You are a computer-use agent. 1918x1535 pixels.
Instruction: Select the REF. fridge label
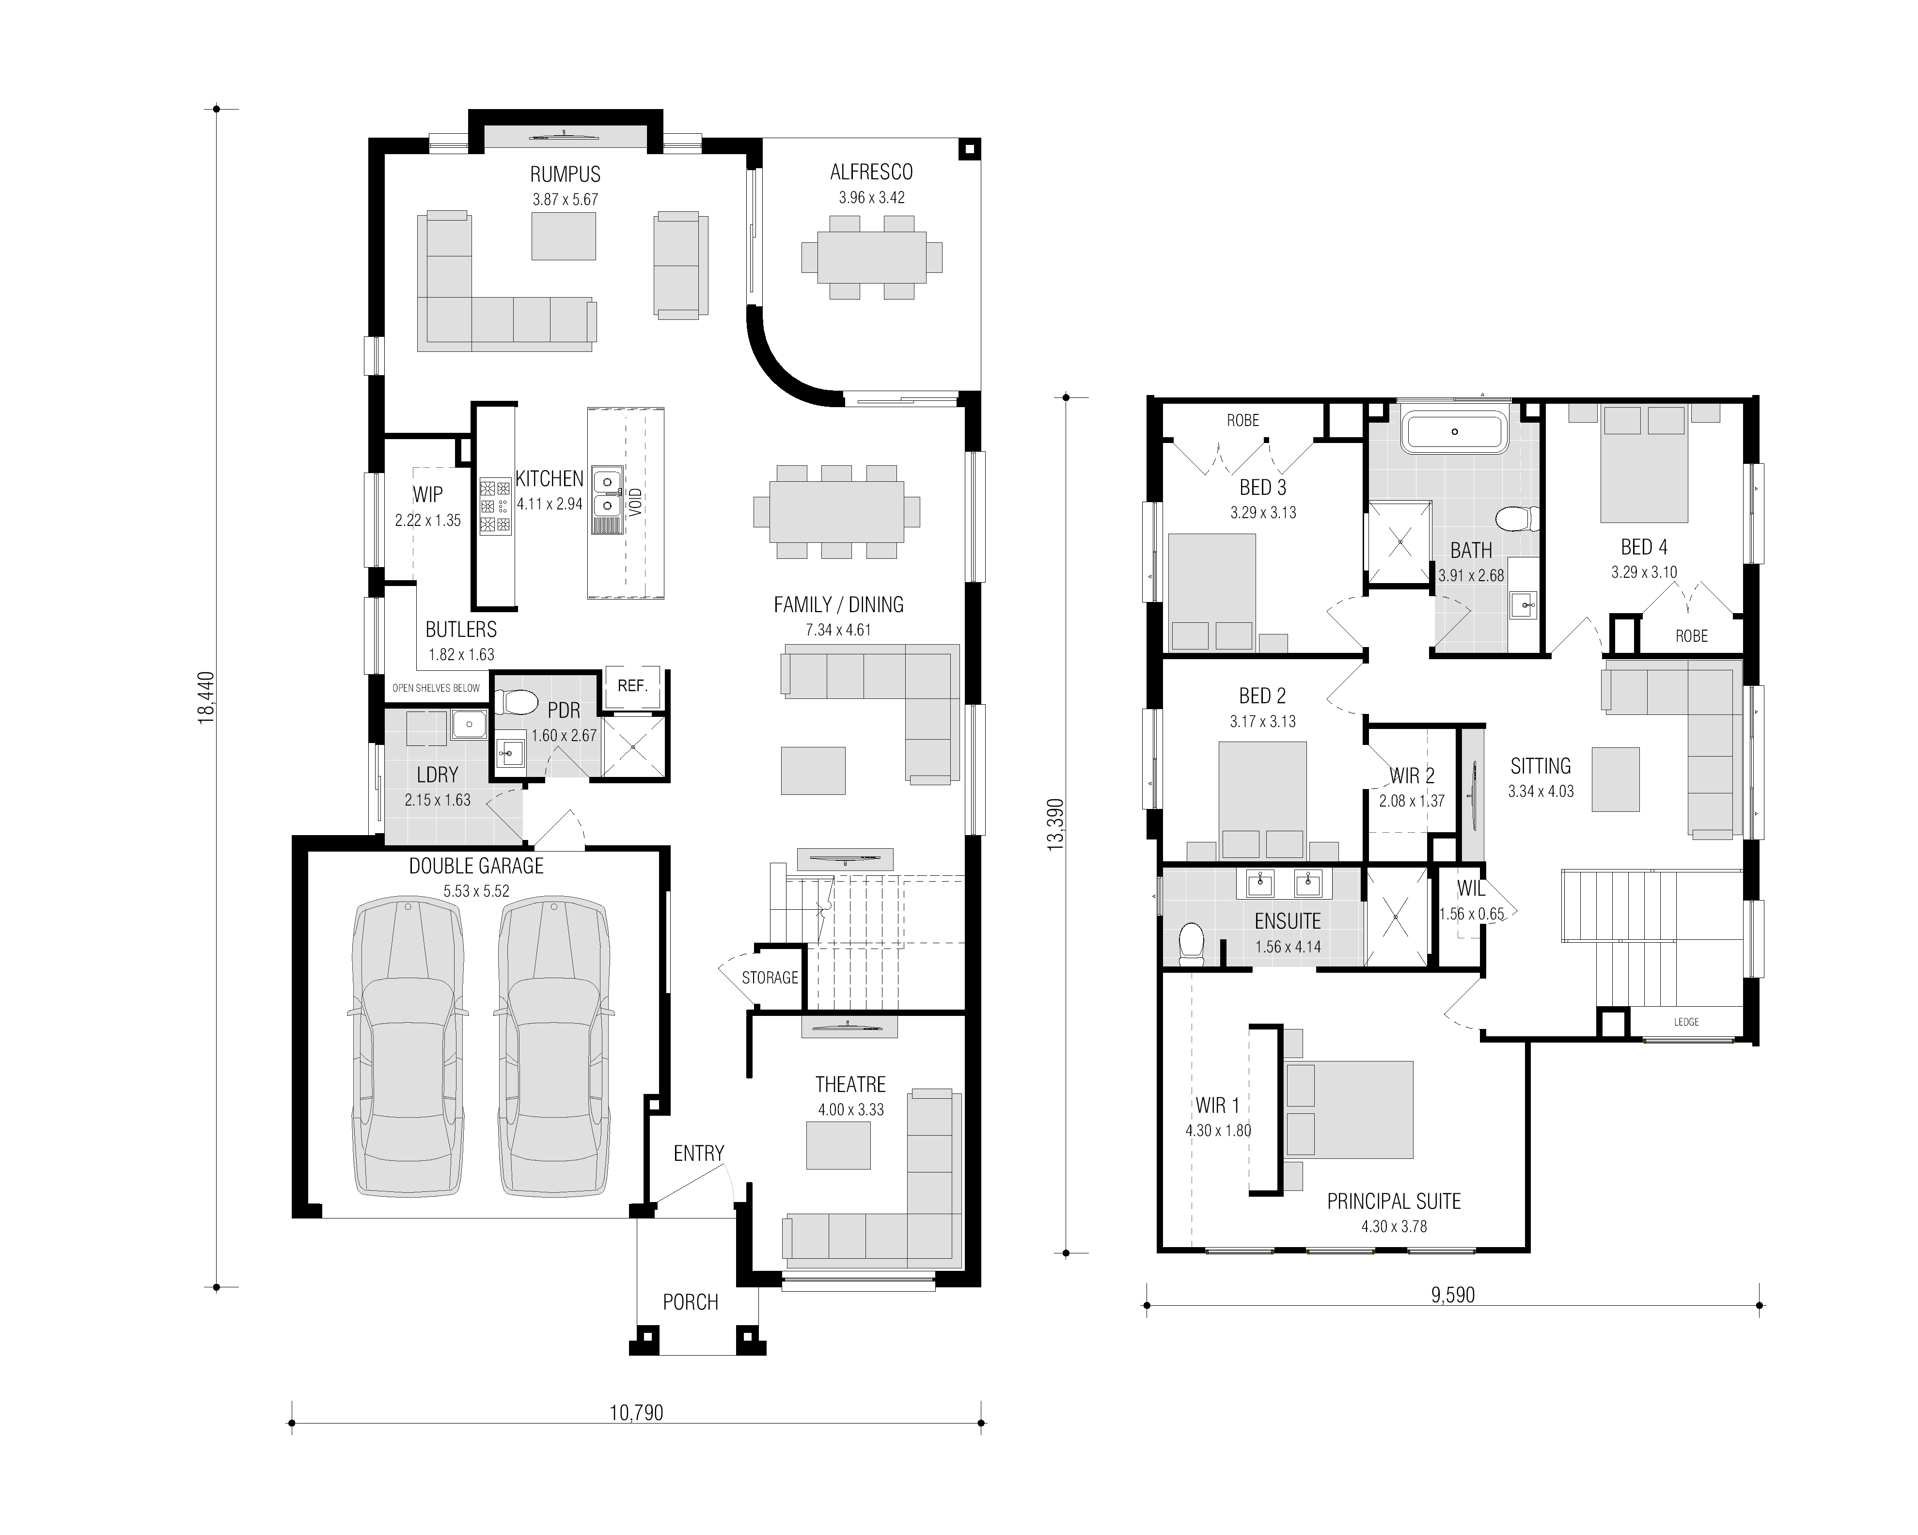click(632, 686)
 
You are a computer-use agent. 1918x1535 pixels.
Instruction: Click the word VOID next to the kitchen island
click(635, 502)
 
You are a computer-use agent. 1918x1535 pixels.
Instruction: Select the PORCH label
click(691, 1302)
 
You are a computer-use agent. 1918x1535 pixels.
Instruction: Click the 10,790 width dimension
click(636, 1412)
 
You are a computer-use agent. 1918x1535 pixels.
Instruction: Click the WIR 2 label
click(1413, 776)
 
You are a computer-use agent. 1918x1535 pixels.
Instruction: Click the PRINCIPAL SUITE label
click(1394, 1202)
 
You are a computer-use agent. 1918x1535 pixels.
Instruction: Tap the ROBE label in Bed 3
click(1243, 420)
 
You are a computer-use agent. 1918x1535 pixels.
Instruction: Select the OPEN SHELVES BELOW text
click(436, 688)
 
